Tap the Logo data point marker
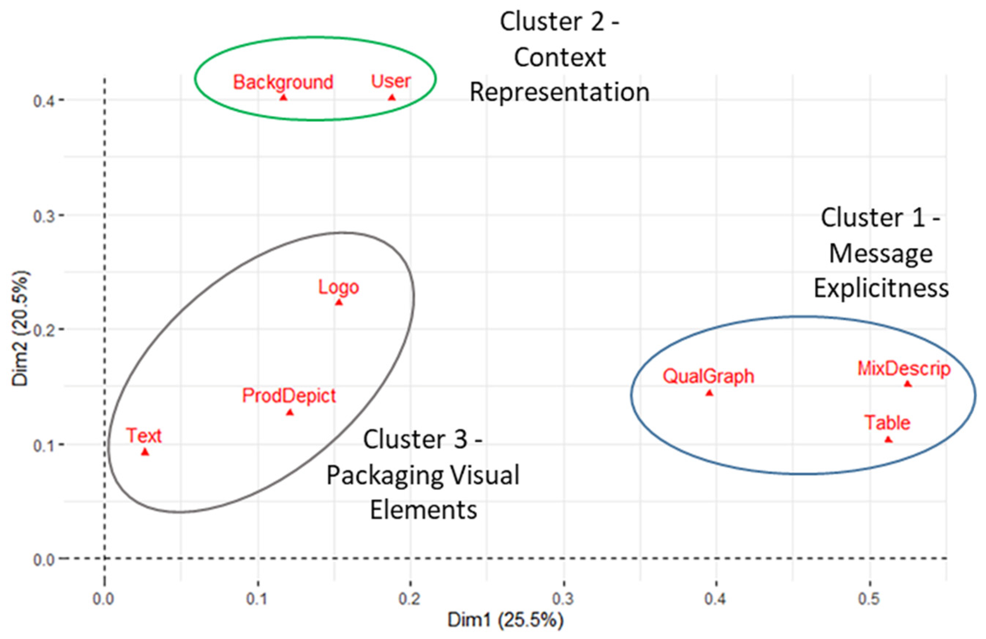tap(339, 302)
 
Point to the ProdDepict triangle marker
tap(290, 412)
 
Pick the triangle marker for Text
tap(145, 452)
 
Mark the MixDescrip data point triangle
tap(907, 384)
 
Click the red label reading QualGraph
tap(708, 376)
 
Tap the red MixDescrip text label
tap(903, 368)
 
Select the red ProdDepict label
tap(289, 396)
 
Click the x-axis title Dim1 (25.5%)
tap(505, 620)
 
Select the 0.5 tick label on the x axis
tap(869, 599)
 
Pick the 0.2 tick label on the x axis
tap(410, 599)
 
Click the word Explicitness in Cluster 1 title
tap(881, 288)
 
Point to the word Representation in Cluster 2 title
tap(559, 92)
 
